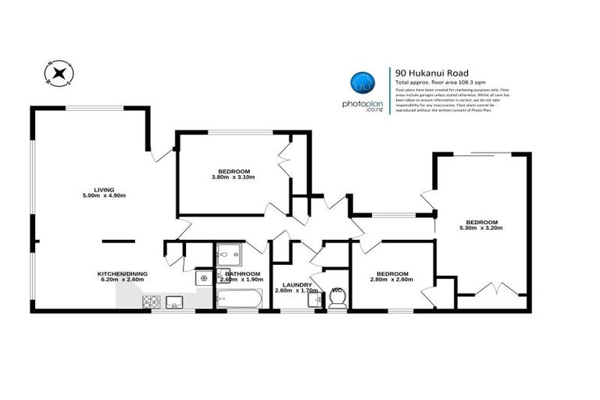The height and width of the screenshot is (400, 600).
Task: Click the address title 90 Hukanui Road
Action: (427, 73)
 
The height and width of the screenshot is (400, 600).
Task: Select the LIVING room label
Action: (103, 189)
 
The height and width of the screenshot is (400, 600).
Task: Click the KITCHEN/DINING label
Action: (120, 273)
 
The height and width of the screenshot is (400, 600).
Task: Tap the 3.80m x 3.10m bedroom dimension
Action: (234, 177)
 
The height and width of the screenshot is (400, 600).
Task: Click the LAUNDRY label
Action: (298, 284)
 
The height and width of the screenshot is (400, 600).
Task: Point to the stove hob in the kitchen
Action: (150, 302)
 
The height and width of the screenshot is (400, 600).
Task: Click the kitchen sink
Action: (174, 302)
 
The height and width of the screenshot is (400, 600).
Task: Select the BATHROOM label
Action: (243, 273)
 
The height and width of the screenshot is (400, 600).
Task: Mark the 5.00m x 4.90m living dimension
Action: (103, 195)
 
